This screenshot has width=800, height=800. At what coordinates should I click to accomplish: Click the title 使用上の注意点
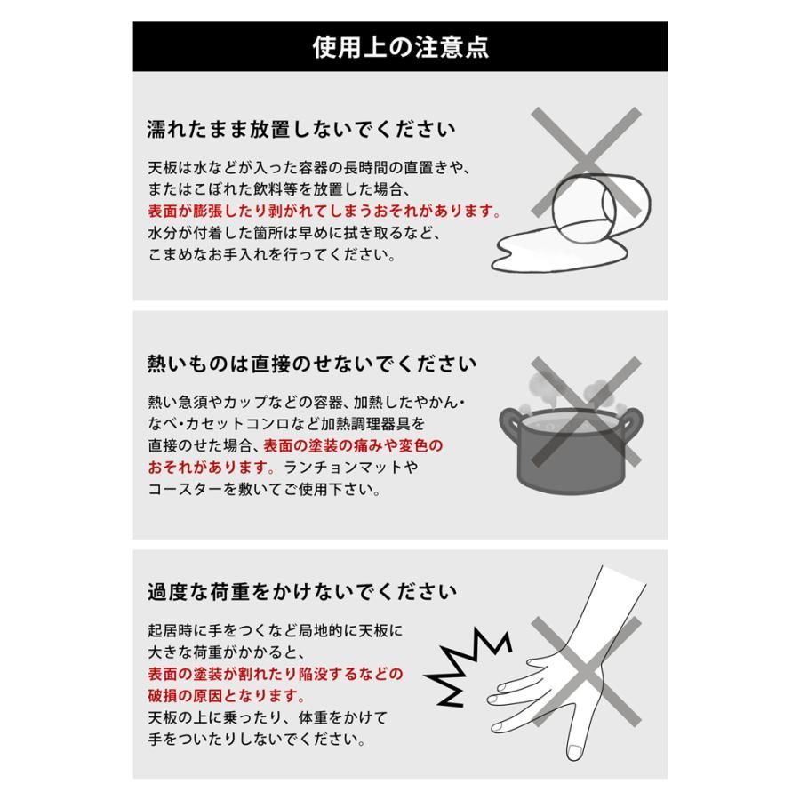tap(399, 47)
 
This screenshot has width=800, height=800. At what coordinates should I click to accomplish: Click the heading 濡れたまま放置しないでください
tap(301, 129)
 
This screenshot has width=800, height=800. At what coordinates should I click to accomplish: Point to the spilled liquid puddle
tap(551, 253)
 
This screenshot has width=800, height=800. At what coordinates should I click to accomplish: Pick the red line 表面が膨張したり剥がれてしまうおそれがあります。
tap(324, 212)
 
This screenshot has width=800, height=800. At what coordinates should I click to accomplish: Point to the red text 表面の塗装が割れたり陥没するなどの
tap(275, 674)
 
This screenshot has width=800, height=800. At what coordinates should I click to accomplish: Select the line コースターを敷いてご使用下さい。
tap(253, 489)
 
